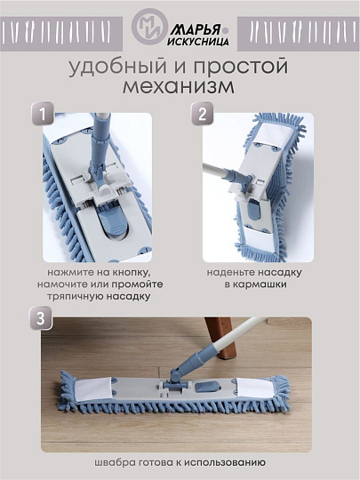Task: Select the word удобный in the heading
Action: pyautogui.click(x=110, y=68)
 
